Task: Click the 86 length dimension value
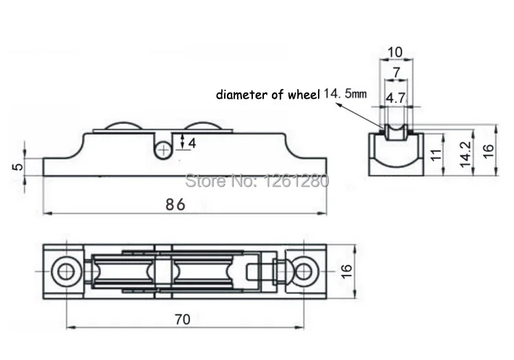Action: (175, 204)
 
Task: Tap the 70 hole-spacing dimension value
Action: (182, 319)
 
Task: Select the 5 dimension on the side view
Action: (18, 166)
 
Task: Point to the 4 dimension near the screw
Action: (192, 143)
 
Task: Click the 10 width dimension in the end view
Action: (395, 52)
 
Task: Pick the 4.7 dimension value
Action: (396, 98)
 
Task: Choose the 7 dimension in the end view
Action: (397, 72)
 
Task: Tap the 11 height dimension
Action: (436, 155)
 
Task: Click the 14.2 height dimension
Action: (465, 154)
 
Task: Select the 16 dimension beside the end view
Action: (489, 151)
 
